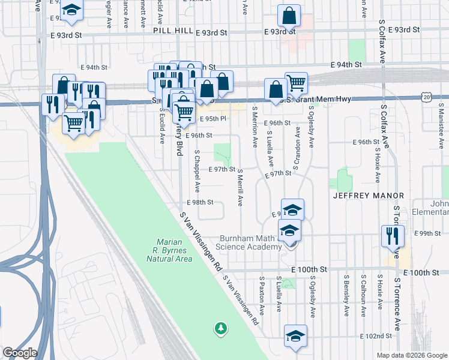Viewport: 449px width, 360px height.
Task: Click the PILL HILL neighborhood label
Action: click(x=173, y=30)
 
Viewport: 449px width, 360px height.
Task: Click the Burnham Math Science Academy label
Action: click(x=251, y=242)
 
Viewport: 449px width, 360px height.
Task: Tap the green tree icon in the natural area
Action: click(x=221, y=328)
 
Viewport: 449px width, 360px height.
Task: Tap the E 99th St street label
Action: click(x=427, y=233)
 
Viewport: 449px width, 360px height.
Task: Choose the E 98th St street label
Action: click(x=200, y=202)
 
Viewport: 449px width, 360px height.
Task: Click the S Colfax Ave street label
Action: click(x=382, y=41)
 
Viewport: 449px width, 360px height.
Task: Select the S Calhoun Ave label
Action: click(x=363, y=296)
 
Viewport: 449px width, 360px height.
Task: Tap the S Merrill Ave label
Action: click(x=240, y=187)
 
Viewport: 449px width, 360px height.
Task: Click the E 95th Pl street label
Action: click(x=212, y=119)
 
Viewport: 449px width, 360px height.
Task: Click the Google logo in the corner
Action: click(x=20, y=353)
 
